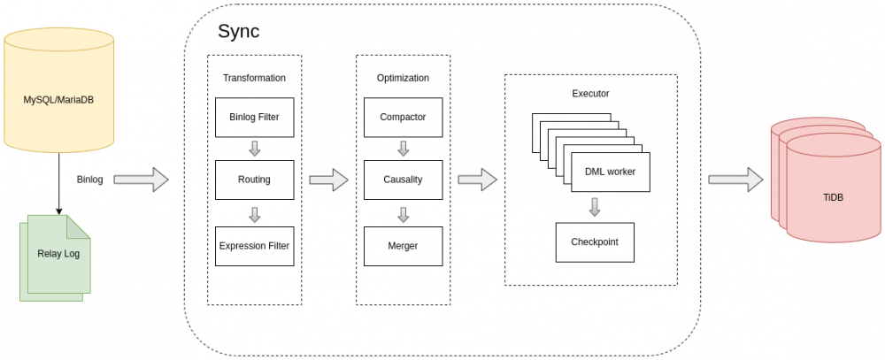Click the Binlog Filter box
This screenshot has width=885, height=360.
254,117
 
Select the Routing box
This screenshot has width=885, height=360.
254,180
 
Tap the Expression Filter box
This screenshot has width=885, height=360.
254,246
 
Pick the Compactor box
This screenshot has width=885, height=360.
403,117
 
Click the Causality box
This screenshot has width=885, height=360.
403,180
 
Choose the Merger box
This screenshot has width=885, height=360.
403,246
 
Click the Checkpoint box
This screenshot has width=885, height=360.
595,241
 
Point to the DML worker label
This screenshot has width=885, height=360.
610,172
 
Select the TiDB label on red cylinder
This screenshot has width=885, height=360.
833,197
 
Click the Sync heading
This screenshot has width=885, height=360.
238,32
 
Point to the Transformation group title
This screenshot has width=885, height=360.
254,78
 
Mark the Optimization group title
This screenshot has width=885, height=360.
403,78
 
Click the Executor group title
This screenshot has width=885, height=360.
590,93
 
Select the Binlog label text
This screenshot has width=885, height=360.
90,180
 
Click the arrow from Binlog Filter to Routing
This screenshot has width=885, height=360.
254,148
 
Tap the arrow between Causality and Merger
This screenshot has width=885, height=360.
403,213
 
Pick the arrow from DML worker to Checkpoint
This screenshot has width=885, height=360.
595,207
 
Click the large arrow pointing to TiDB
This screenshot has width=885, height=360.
735,180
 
